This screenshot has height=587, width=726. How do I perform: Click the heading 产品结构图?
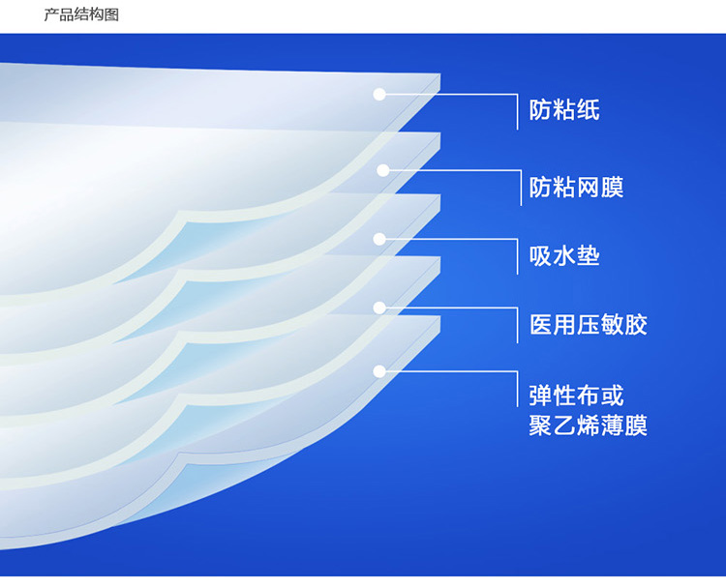(81, 15)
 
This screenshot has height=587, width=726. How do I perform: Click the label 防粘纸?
(564, 110)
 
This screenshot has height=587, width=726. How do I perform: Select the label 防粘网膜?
(577, 188)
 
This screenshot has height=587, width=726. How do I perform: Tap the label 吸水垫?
(564, 256)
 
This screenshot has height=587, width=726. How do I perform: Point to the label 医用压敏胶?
(589, 324)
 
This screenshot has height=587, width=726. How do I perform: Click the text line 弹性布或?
(577, 396)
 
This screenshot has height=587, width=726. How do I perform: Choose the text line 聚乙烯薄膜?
(589, 426)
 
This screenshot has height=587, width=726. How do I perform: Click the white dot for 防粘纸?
(379, 95)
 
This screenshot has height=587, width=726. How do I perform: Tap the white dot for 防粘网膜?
(383, 171)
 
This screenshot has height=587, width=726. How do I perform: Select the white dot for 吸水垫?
(379, 239)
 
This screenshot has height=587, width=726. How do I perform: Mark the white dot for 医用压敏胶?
(379, 308)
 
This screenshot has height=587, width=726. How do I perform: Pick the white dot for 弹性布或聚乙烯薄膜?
(379, 371)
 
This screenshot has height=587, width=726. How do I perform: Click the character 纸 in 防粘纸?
(589, 110)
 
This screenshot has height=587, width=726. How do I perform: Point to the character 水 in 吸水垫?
(564, 256)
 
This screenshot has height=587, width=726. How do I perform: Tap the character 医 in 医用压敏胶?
(541, 324)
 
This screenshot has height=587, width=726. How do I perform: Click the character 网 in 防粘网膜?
(589, 188)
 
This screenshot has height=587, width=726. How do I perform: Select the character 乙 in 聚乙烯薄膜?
(564, 426)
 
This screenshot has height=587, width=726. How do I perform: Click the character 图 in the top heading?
(112, 15)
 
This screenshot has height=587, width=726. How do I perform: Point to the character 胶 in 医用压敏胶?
(636, 324)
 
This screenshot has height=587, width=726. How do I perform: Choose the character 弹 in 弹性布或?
(541, 396)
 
